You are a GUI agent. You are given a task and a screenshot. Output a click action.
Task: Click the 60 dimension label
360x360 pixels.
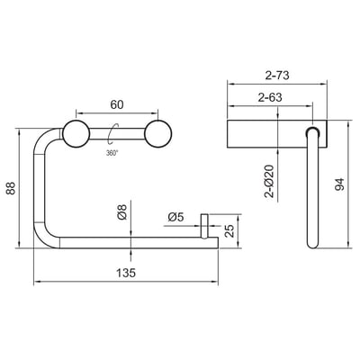click(x=117, y=105)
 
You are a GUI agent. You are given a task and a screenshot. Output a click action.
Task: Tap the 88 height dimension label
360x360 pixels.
click(x=11, y=188)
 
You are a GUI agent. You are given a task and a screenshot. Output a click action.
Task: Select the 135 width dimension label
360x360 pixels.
click(x=126, y=273)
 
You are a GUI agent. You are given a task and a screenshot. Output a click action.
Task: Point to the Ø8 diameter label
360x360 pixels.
click(x=122, y=211)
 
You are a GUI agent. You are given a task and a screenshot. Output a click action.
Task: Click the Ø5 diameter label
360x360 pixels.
click(x=175, y=217)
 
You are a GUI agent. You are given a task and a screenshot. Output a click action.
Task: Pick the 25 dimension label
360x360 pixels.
click(x=229, y=231)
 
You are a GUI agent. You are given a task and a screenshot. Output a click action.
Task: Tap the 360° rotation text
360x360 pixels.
click(x=112, y=153)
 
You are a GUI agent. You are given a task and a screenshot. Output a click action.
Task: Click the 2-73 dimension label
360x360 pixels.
click(x=277, y=76)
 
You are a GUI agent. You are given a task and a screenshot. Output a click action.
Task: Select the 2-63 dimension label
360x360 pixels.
click(x=270, y=97)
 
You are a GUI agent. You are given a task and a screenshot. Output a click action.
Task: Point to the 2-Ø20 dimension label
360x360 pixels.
click(x=270, y=181)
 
